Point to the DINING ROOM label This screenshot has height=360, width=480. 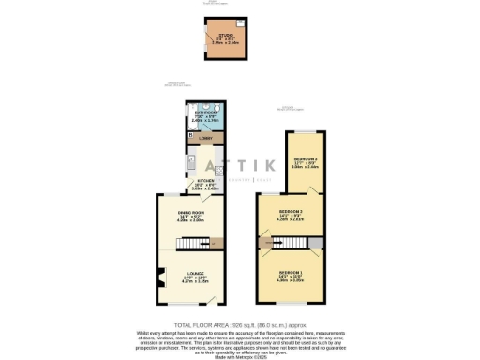(x=191, y=213)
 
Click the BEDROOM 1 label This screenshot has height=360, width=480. (x=290, y=274)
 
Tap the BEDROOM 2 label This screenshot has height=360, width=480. (x=290, y=211)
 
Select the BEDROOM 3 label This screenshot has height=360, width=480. (x=305, y=159)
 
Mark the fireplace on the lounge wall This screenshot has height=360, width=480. (x=160, y=277)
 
